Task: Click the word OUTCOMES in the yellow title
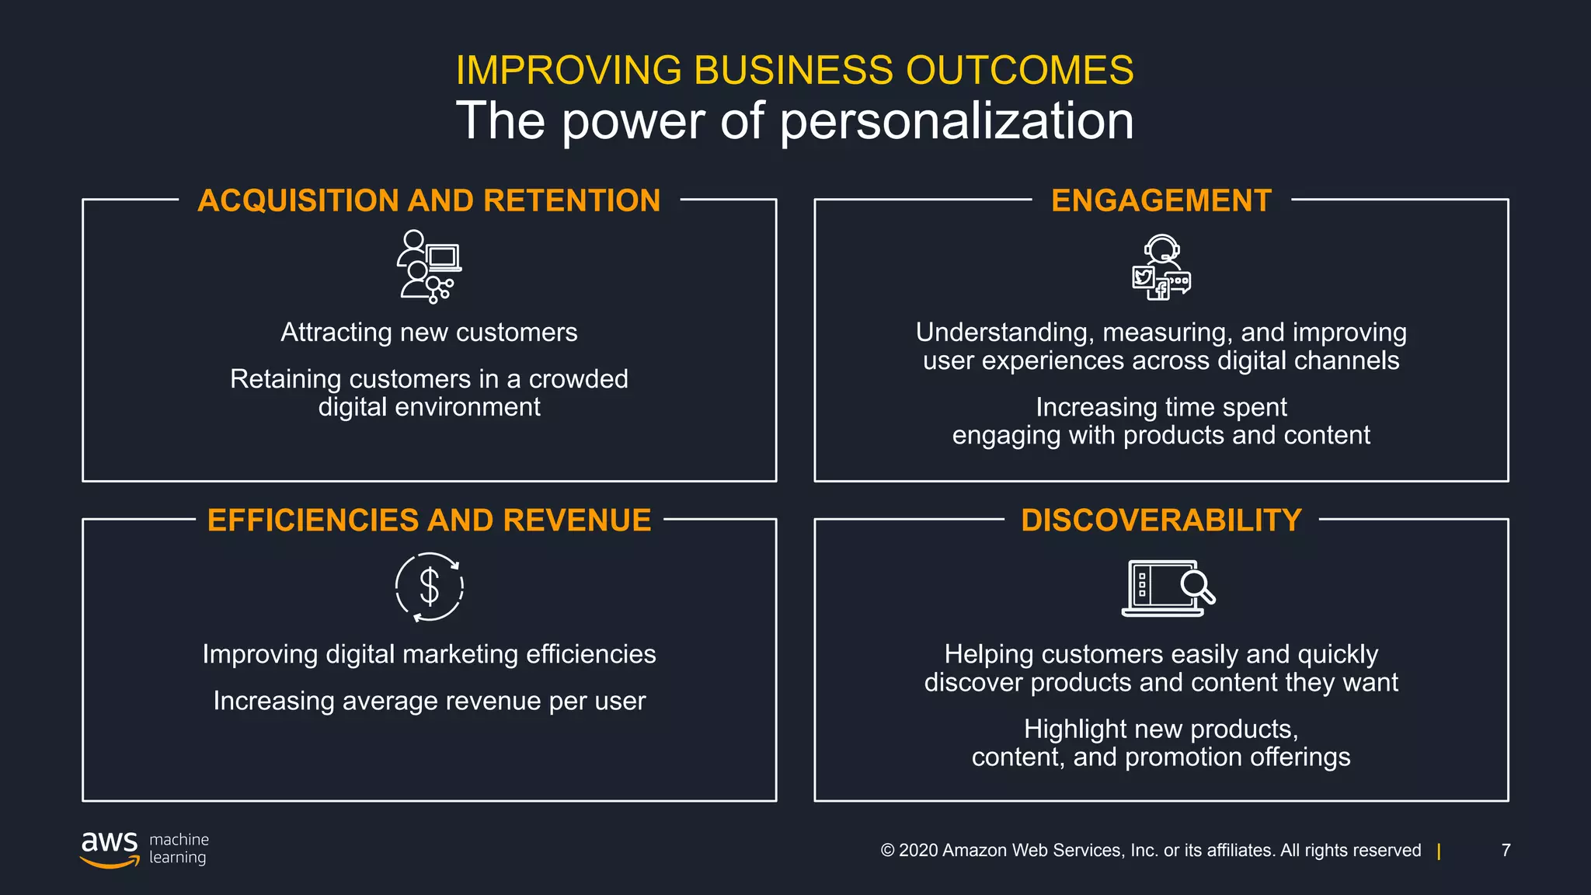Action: [x=1019, y=70]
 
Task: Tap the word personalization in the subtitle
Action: [x=956, y=121]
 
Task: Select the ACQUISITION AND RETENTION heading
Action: [x=429, y=200]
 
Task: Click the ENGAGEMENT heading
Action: [x=1161, y=200]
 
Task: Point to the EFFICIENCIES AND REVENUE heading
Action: [x=429, y=520]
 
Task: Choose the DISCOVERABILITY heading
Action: [x=1161, y=520]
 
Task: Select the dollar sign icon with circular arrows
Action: [x=429, y=587]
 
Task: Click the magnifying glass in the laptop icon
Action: [x=1197, y=587]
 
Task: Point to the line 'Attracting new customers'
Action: [x=429, y=333]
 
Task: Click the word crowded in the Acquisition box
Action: [x=578, y=379]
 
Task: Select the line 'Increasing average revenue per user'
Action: [x=429, y=701]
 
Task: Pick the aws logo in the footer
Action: [x=110, y=848]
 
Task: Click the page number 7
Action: [x=1506, y=850]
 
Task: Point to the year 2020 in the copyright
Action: [x=917, y=850]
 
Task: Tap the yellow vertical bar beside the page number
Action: [x=1439, y=851]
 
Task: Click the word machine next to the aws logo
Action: [x=179, y=839]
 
